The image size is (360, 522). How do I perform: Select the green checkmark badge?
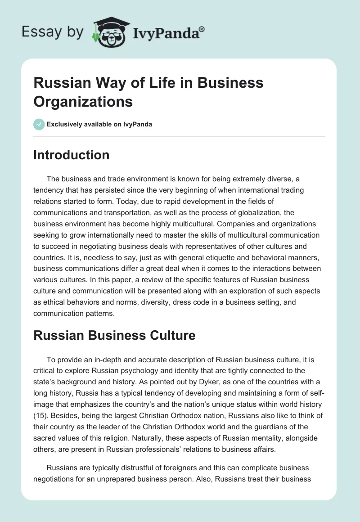39,124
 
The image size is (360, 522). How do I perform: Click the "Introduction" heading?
72,155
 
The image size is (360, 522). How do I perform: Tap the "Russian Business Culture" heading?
114,335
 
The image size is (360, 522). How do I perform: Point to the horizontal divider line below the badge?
180,136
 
